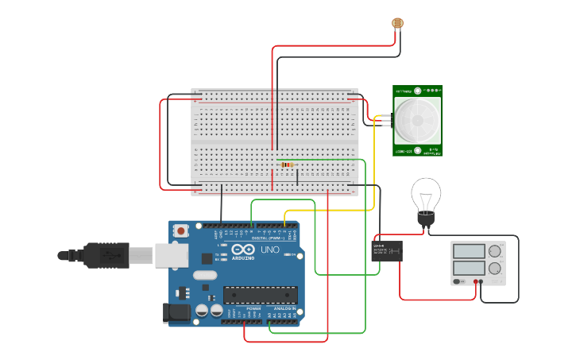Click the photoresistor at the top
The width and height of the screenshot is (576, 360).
point(396,22)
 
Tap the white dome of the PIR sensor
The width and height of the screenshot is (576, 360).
point(418,120)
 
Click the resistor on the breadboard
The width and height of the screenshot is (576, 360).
point(287,165)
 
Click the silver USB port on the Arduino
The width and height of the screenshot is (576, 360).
point(171,255)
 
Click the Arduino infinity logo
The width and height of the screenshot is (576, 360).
point(244,250)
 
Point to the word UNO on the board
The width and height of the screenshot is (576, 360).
point(270,250)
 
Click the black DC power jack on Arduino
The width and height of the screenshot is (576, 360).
point(176,313)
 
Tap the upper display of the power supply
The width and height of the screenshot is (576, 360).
point(468,251)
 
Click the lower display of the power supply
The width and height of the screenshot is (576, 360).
point(468,269)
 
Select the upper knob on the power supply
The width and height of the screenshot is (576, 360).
point(495,251)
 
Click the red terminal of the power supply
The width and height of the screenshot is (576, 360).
point(477,281)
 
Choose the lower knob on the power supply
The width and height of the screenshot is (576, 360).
point(495,269)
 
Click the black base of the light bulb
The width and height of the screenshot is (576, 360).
point(426,218)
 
